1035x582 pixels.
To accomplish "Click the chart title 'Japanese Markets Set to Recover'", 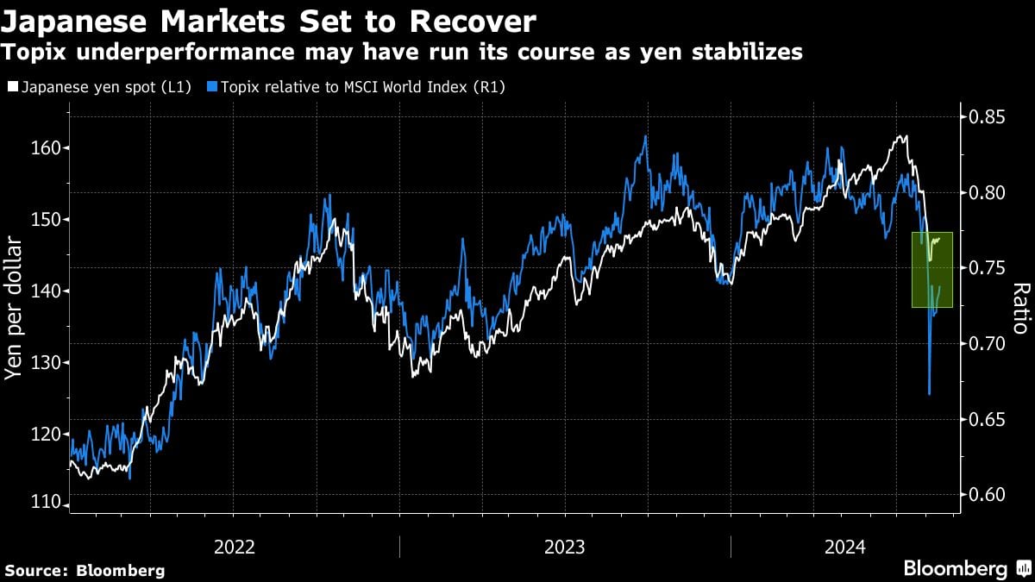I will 269,22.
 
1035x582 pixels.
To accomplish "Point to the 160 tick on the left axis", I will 45,148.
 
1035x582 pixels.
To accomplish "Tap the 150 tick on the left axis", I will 45,220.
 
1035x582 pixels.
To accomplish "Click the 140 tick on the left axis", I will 45,291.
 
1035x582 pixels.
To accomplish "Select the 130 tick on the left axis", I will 45,363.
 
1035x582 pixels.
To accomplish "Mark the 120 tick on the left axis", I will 45,435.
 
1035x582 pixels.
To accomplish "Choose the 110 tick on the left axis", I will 45,503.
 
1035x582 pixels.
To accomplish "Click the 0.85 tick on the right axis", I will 988,116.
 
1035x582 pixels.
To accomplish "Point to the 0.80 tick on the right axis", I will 988,192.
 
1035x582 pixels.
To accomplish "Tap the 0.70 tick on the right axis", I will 988,344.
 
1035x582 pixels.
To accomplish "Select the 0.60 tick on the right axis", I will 988,495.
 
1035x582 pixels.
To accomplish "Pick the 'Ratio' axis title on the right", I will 1019,308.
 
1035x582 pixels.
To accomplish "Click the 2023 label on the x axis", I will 565,547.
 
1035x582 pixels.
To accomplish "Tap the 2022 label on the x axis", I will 235,547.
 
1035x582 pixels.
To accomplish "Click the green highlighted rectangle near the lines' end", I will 932,269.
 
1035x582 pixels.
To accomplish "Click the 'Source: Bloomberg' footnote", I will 85,570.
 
